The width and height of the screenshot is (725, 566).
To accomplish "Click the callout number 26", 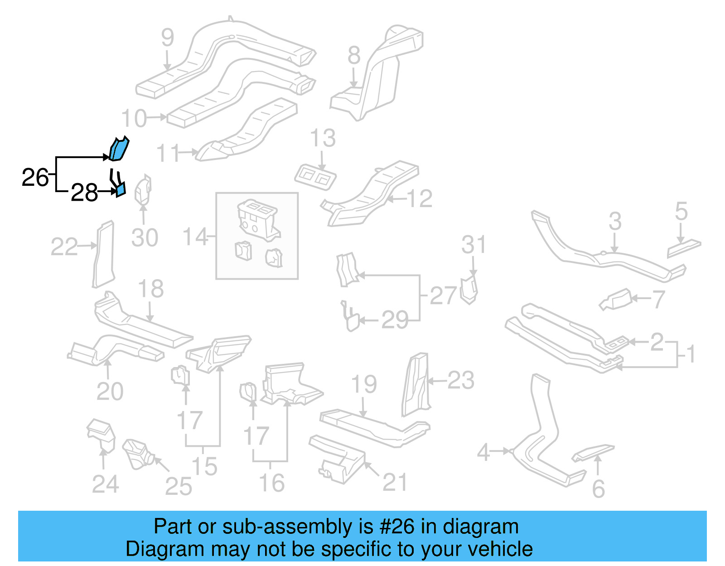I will point(35,177).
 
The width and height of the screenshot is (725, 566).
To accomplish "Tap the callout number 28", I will point(84,193).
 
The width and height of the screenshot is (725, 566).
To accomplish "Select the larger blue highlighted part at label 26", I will point(119,149).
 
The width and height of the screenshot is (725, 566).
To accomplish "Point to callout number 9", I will point(167,37).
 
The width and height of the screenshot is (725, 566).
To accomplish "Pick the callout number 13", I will point(323,138).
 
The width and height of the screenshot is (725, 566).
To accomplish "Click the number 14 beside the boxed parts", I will point(195,237).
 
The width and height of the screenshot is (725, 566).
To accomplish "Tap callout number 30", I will point(145,237).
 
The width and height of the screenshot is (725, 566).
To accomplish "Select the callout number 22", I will point(64,247).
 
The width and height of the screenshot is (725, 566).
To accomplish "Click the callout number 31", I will point(474,245).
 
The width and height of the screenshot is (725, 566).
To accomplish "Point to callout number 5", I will point(681,211).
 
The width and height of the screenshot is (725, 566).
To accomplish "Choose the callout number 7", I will point(658,299).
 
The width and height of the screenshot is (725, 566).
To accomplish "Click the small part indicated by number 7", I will point(616,300).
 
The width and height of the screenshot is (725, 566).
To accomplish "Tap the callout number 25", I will point(179,486).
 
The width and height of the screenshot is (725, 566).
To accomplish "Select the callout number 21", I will point(395,482).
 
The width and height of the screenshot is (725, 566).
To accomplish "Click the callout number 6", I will point(599,489).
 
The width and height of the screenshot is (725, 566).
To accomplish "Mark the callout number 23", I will point(461,380).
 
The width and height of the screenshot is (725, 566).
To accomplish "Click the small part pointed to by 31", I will point(469,290).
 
